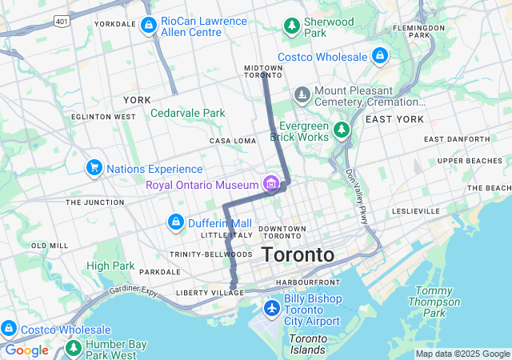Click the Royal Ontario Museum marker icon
point(272,185)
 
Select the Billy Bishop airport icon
point(272,308)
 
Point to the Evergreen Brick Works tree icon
point(342,129)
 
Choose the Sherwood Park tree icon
point(292,26)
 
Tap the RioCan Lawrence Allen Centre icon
point(148,26)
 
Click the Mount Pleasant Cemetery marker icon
point(302,96)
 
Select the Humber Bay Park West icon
point(74,348)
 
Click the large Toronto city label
point(298,255)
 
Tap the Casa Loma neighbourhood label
point(233,141)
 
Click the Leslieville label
point(416,211)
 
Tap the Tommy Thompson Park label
point(434,302)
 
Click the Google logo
point(26,350)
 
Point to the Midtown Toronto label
point(263,71)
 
